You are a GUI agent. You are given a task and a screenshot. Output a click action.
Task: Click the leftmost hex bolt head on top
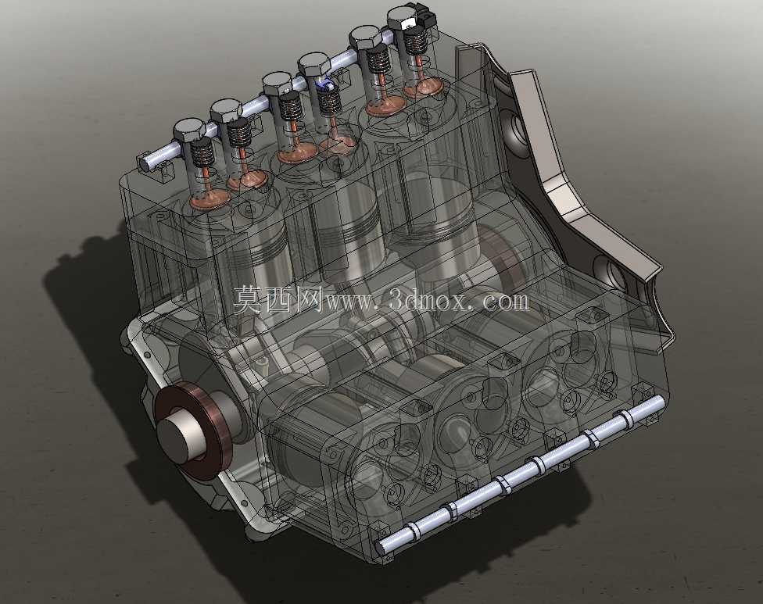(x=189, y=130)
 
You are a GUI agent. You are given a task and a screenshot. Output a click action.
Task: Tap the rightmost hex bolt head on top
(x=406, y=17)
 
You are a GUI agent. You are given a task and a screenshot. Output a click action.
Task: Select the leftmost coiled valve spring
(x=201, y=152)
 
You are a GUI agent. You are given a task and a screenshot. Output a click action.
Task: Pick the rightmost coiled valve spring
(x=416, y=38)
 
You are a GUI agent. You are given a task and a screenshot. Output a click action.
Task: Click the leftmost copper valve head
(x=210, y=198)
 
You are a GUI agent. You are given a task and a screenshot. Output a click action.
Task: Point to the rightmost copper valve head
(x=424, y=88)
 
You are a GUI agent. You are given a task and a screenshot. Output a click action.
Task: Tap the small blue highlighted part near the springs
(x=324, y=87)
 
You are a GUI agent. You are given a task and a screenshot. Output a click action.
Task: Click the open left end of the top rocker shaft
(x=145, y=163)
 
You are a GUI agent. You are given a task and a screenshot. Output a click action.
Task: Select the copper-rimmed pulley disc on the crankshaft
(x=192, y=431)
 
